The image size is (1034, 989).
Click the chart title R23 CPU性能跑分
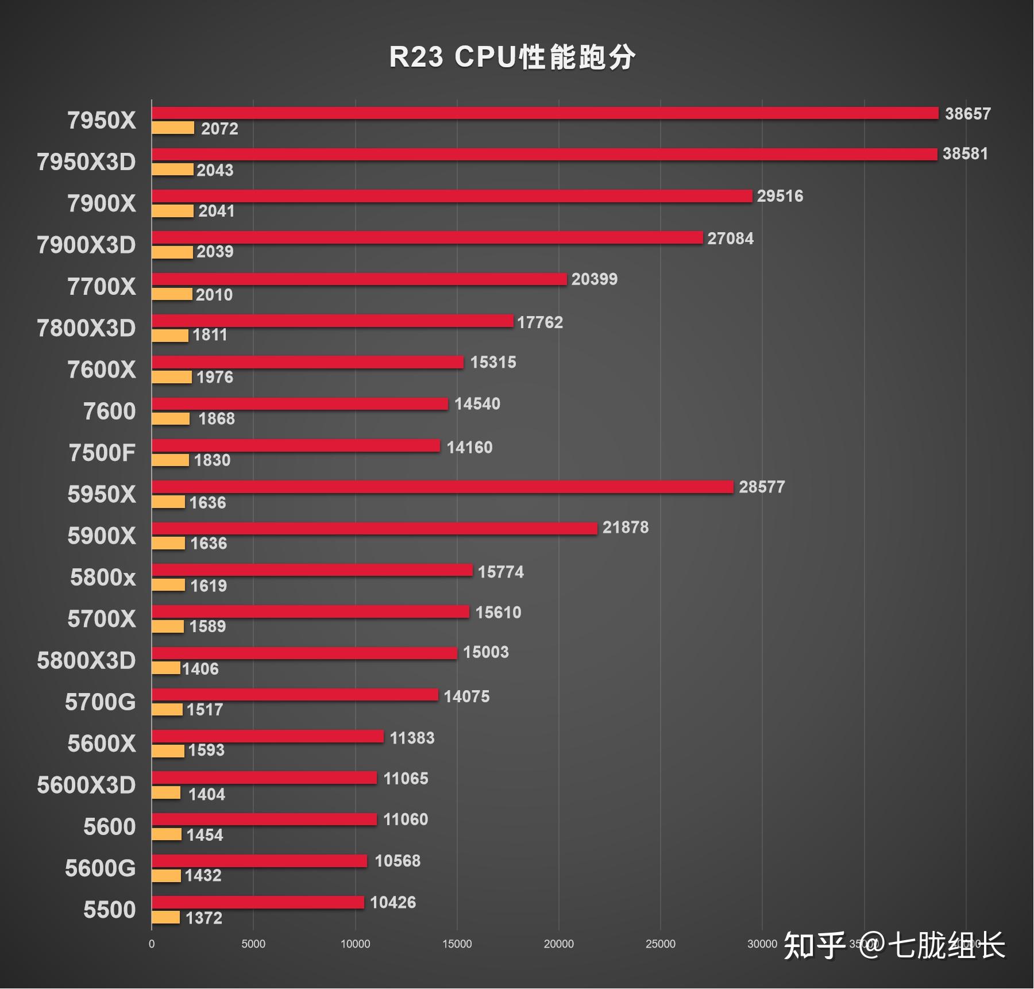point(512,57)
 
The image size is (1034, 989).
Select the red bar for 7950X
point(545,113)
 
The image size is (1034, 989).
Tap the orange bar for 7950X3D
point(172,170)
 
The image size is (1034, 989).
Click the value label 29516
point(780,196)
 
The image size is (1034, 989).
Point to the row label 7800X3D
point(86,328)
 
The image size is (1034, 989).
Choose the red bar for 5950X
point(442,487)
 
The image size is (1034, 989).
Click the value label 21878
point(625,528)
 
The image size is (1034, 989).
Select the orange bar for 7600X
point(171,377)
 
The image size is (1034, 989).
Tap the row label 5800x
point(103,577)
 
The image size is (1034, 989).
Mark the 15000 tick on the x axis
point(457,944)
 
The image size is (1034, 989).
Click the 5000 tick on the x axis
point(253,944)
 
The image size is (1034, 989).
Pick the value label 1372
point(203,918)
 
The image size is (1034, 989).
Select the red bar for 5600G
point(259,861)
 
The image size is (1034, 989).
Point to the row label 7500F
point(102,453)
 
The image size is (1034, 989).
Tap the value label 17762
point(539,322)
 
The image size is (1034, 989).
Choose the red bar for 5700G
point(295,695)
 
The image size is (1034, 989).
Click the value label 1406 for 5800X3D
point(200,669)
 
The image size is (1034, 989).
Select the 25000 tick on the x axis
point(660,944)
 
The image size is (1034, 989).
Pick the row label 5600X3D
point(86,785)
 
